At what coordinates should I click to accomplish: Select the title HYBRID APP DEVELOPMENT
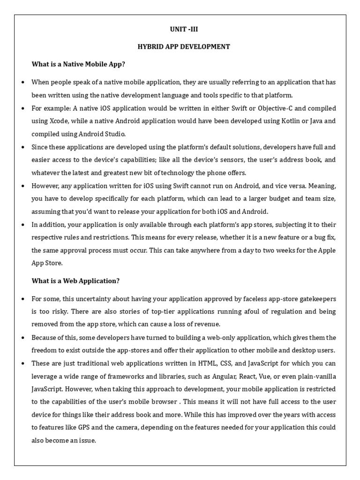coord(183,46)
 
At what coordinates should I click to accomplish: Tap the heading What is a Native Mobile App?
coord(78,64)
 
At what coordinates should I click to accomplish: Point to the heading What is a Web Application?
coord(75,281)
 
